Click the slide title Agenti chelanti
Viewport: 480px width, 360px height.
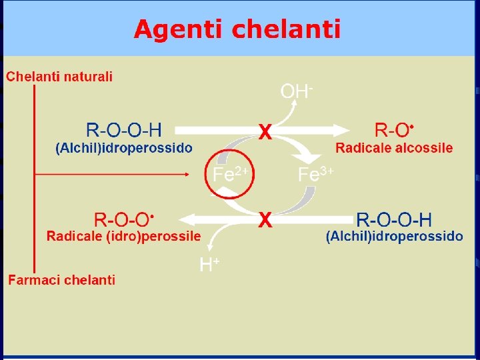pos(237,29)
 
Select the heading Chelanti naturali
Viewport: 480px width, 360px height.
pos(60,77)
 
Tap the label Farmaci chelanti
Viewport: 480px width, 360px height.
pos(62,280)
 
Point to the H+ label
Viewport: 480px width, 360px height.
pos(210,265)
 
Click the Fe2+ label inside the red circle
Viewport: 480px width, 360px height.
pos(230,175)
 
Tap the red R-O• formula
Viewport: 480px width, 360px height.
pos(395,129)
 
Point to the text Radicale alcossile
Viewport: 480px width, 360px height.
pos(394,148)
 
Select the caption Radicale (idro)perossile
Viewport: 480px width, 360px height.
pos(123,236)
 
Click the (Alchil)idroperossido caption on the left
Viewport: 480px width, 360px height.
pos(124,148)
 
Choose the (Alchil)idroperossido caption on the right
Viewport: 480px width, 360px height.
pos(394,236)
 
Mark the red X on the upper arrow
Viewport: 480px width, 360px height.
pos(265,133)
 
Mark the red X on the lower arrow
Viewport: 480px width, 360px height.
pos(265,219)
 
